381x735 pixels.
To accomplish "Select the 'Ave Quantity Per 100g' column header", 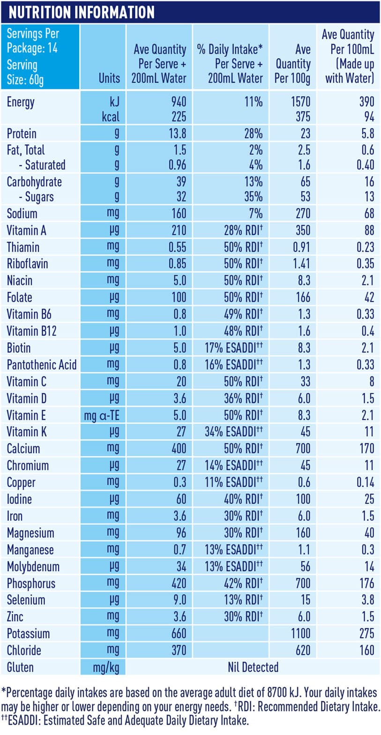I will tap(292, 64).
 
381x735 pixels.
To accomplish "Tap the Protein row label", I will tap(22, 134).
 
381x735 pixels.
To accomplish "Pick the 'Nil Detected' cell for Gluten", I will tap(253, 667).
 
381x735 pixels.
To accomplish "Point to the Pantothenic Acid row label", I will tap(41, 365).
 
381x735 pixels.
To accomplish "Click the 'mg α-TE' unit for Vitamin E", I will tap(102, 416).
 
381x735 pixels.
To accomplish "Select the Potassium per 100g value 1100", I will tap(300, 633).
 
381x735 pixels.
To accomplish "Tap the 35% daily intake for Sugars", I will tap(253, 197).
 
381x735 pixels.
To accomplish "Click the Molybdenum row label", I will tap(33, 567).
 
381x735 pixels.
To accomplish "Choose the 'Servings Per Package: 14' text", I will tap(32, 41).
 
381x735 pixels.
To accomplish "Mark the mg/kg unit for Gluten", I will tap(106, 668).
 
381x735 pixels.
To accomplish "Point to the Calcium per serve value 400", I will tap(179, 448).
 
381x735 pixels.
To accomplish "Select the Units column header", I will tap(109, 78).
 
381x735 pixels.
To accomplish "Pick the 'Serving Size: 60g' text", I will tap(25, 72).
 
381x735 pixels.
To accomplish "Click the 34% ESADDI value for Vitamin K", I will tap(233, 432).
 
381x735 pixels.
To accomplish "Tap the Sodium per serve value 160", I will tap(179, 213).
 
